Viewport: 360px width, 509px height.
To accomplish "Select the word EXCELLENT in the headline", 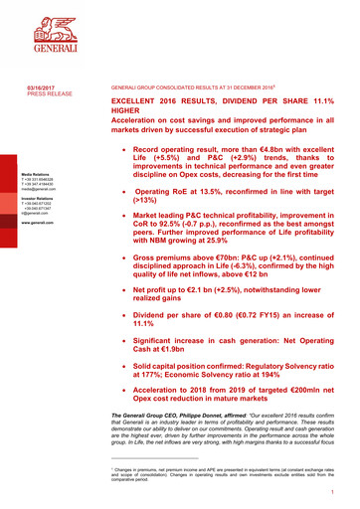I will pyautogui.click(x=137, y=102).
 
